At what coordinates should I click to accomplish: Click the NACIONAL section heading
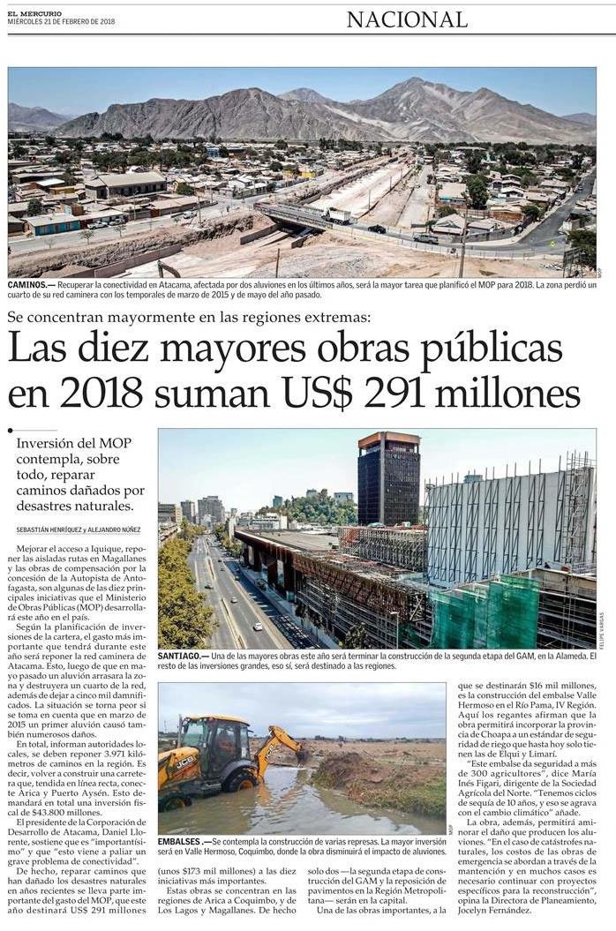(x=406, y=19)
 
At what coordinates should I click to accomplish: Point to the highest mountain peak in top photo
(x=408, y=81)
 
